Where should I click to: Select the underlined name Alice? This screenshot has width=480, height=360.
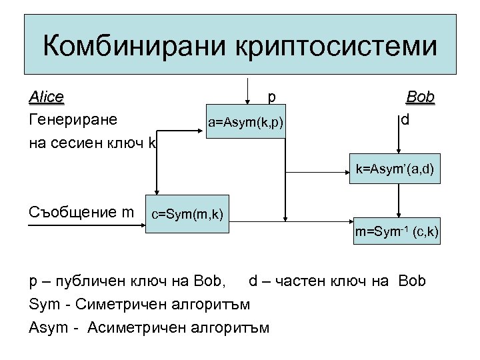[46, 97]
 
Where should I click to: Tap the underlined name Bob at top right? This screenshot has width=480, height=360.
[420, 97]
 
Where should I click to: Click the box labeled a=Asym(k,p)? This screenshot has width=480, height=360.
[245, 123]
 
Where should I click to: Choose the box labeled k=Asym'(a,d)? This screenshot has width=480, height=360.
[397, 171]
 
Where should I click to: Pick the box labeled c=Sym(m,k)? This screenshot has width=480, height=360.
[187, 214]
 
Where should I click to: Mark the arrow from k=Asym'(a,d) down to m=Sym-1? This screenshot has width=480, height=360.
[398, 200]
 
